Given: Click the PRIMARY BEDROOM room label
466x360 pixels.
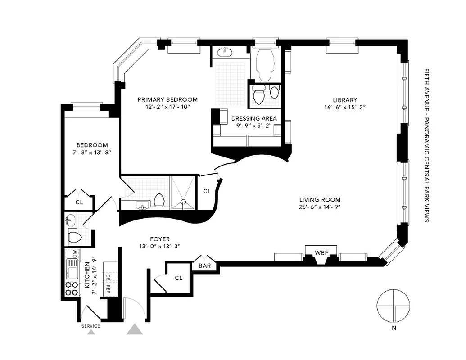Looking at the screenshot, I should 167,99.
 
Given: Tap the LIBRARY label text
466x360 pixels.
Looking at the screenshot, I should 345,100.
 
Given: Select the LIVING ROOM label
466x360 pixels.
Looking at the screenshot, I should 320,200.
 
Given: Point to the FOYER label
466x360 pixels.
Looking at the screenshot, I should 160,239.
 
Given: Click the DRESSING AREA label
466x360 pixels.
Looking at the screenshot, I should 253,118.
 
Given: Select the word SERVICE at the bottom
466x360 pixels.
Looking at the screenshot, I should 90,326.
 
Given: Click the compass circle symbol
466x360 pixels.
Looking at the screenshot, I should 393,305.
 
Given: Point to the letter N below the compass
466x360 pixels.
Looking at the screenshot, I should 394,328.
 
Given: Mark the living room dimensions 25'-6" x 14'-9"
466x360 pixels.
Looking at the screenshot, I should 320,207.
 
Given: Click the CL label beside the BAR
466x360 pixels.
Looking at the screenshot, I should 178,278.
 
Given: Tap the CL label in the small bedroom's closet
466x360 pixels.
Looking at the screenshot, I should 79,202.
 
